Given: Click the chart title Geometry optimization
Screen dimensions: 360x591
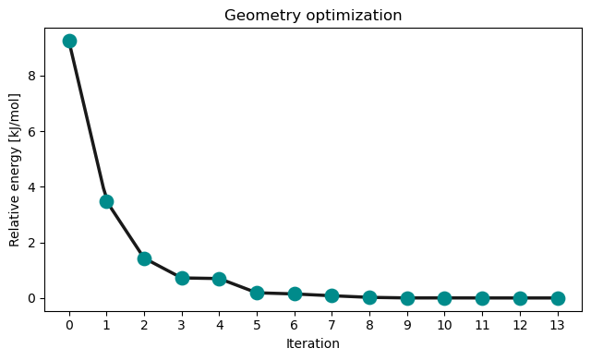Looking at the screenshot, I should (x=314, y=15).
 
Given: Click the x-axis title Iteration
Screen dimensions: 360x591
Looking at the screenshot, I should (x=313, y=343).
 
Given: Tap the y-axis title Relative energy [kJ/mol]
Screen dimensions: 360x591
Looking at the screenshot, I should (x=15, y=169).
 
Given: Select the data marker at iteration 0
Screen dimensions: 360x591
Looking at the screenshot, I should (x=69, y=41).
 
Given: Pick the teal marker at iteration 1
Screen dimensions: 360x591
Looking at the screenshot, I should (x=106, y=201).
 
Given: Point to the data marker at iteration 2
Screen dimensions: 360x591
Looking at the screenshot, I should (x=144, y=258).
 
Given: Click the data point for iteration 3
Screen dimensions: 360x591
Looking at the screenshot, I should (x=182, y=278).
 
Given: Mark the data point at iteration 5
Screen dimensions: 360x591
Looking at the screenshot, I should (x=257, y=293).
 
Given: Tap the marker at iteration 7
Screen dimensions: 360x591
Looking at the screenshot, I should (x=332, y=295).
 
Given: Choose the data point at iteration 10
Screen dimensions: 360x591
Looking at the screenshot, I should (x=444, y=298).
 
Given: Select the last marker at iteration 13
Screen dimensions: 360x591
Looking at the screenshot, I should (x=558, y=298).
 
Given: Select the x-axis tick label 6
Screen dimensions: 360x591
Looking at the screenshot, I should (x=295, y=325).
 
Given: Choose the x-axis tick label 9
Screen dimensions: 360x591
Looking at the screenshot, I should (x=407, y=325).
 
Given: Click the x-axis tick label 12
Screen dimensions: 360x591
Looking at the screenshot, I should (x=520, y=325).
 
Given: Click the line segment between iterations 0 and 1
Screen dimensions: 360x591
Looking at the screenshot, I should (x=88, y=121).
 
